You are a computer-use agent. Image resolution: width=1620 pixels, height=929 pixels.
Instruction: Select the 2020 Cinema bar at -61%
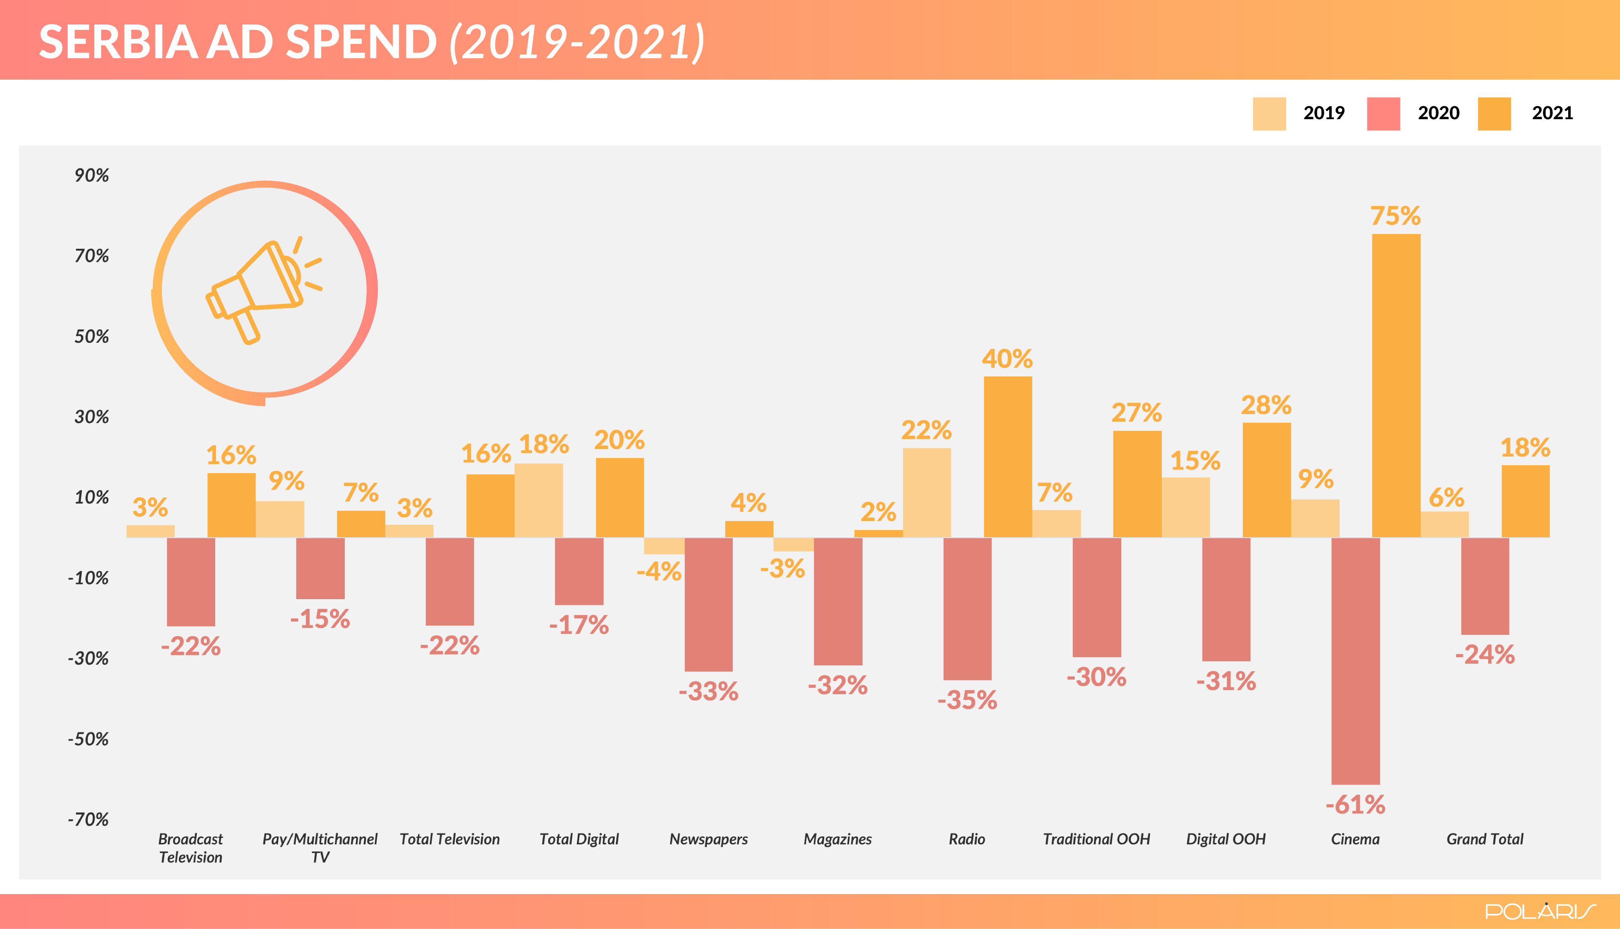pos(1355,661)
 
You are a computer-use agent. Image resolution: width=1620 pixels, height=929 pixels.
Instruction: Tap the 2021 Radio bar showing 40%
pos(1008,457)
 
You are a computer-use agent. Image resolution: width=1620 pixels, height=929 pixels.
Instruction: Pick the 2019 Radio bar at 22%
pos(927,493)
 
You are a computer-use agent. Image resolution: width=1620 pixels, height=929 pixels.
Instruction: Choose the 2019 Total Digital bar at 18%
pos(538,500)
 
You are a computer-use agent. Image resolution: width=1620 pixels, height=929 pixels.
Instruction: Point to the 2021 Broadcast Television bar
pos(231,505)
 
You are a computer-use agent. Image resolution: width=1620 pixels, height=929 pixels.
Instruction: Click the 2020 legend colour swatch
pos(1384,113)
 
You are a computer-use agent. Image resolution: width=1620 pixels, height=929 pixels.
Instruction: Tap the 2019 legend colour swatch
pos(1269,113)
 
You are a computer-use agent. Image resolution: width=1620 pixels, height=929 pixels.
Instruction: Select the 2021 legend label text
pos(1552,113)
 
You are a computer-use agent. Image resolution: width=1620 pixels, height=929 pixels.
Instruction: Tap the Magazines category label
pos(838,839)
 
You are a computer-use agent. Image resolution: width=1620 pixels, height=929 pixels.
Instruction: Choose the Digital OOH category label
pos(1226,839)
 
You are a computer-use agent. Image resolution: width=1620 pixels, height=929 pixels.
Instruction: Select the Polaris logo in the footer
pos(1540,911)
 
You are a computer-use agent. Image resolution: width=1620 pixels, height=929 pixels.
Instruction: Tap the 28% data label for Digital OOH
pos(1266,405)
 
